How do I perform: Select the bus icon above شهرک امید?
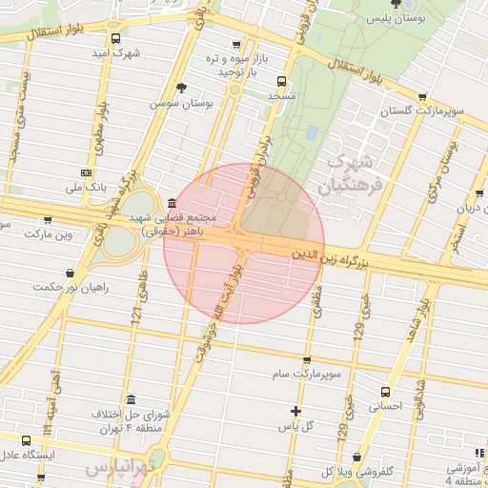point(115,39)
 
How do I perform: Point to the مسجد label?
point(283,98)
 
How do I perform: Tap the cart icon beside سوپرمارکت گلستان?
point(422,96)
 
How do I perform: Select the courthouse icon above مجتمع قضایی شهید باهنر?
point(171,203)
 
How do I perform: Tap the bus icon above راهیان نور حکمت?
point(69,274)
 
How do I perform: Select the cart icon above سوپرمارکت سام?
point(306,360)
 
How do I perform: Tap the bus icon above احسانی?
point(385,392)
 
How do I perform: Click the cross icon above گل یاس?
point(296,412)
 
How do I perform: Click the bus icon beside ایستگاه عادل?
point(26,439)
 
